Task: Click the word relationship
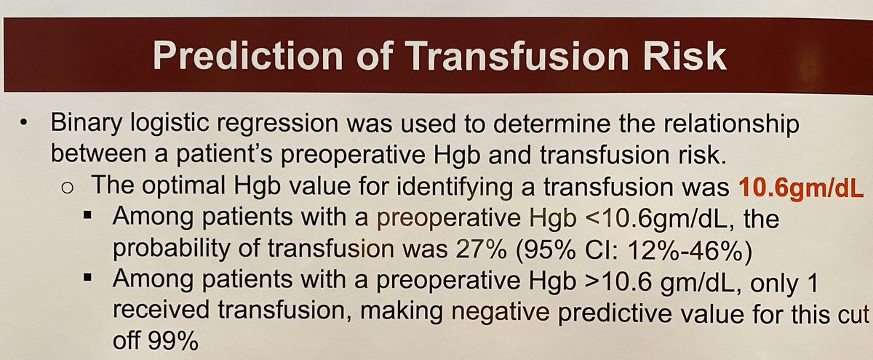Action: click(736, 124)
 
